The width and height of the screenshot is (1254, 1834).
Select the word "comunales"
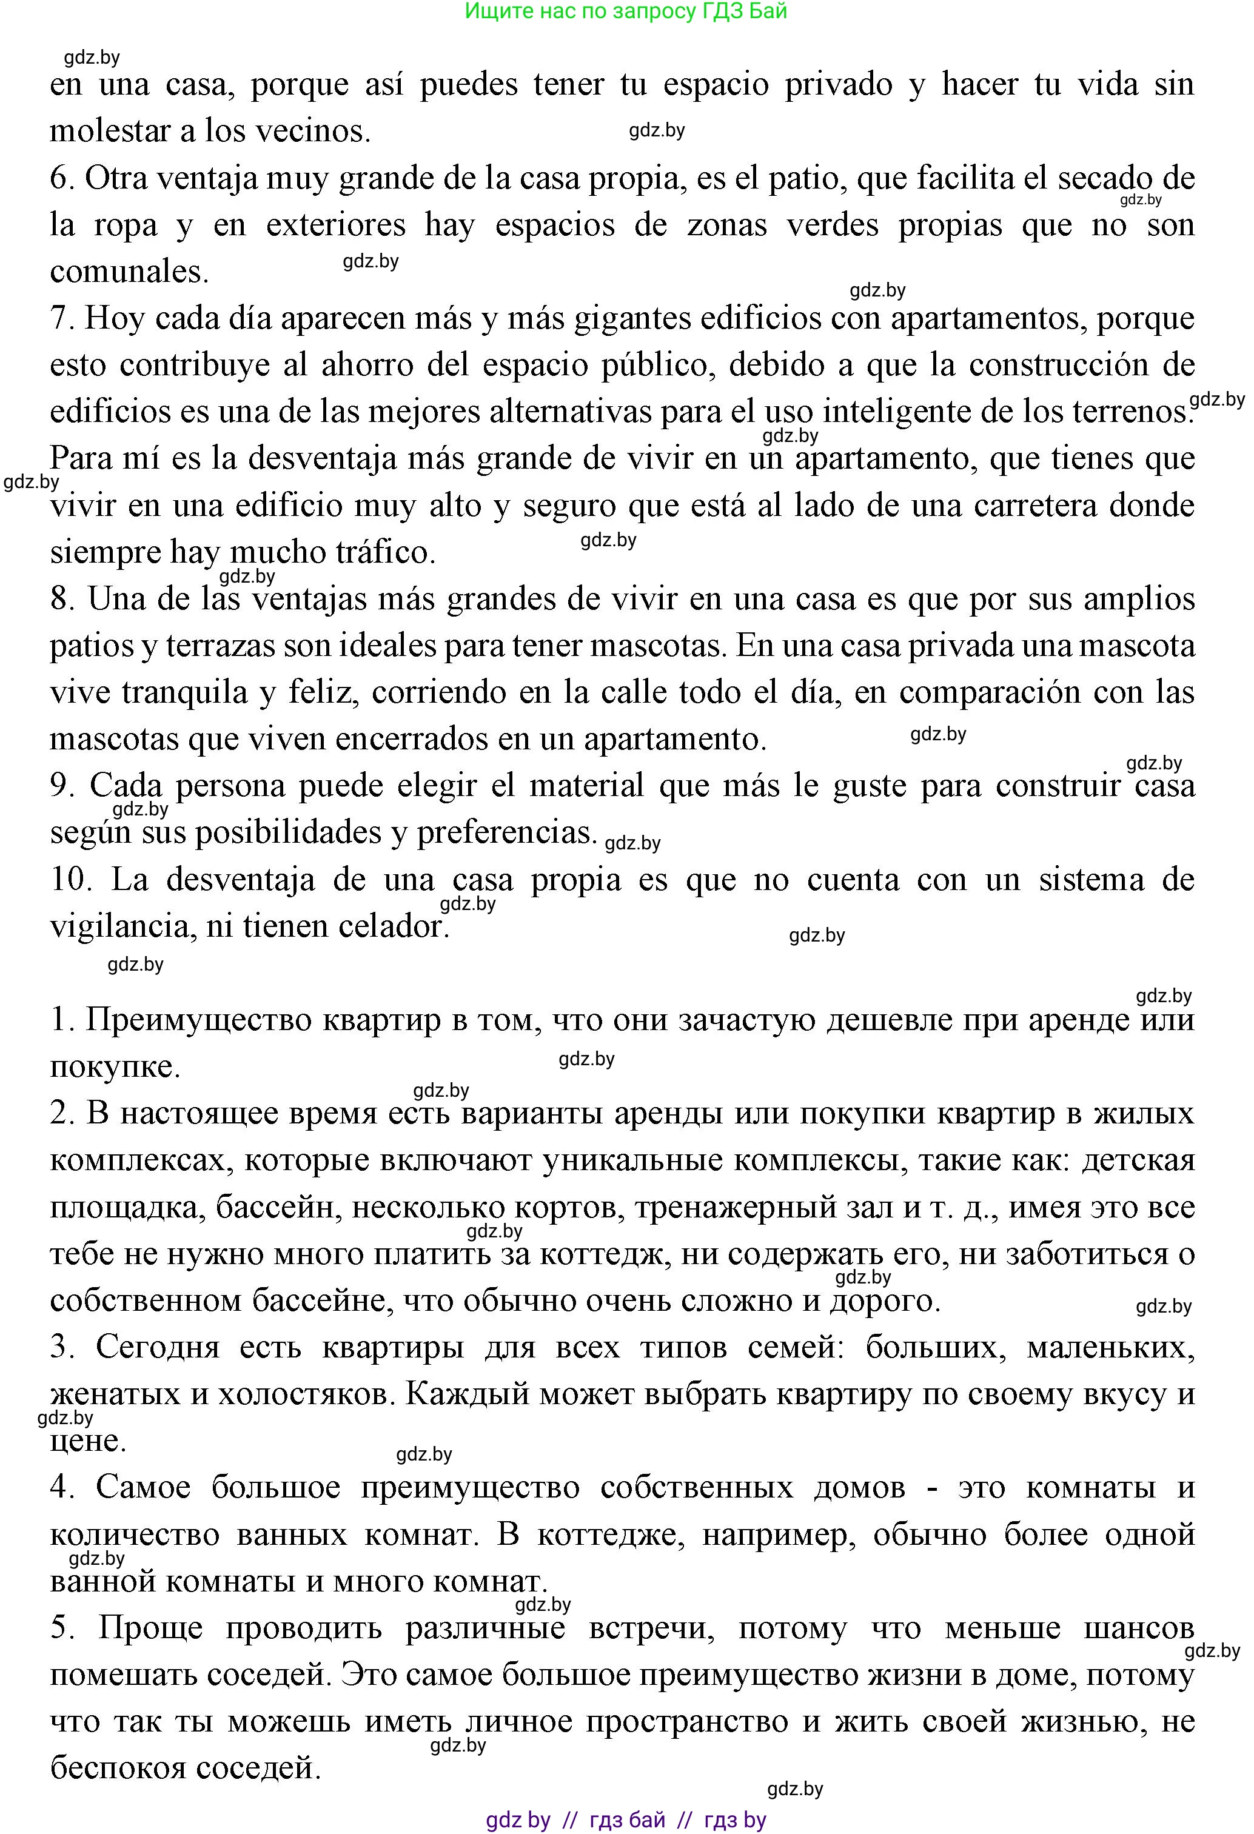tap(129, 272)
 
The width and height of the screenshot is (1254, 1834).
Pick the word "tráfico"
tap(385, 552)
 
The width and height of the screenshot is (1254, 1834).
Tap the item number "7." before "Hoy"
tap(62, 318)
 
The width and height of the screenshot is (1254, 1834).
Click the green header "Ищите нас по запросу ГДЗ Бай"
tap(626, 11)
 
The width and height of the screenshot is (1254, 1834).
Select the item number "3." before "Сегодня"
tap(62, 1347)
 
